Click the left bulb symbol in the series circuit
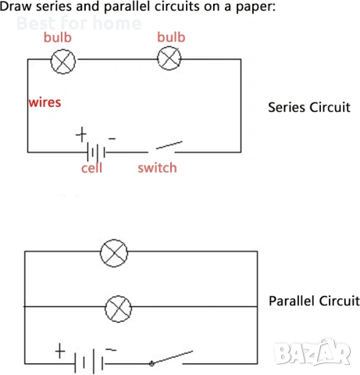63,62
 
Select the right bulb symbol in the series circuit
169,58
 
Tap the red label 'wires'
45,102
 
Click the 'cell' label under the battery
91,168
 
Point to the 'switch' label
157,168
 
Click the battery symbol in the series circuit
96,152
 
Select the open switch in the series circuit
165,148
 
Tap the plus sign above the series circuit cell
81,134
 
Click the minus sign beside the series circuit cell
112,138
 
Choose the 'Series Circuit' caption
309,107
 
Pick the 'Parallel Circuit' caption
314,301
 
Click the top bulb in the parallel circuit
114,253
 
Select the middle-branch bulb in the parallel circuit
119,309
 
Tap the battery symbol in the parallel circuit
89,362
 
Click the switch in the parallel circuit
171,358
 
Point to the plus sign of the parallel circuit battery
60,351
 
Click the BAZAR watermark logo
312,352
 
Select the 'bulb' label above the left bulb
58,37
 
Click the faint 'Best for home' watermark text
79,23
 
